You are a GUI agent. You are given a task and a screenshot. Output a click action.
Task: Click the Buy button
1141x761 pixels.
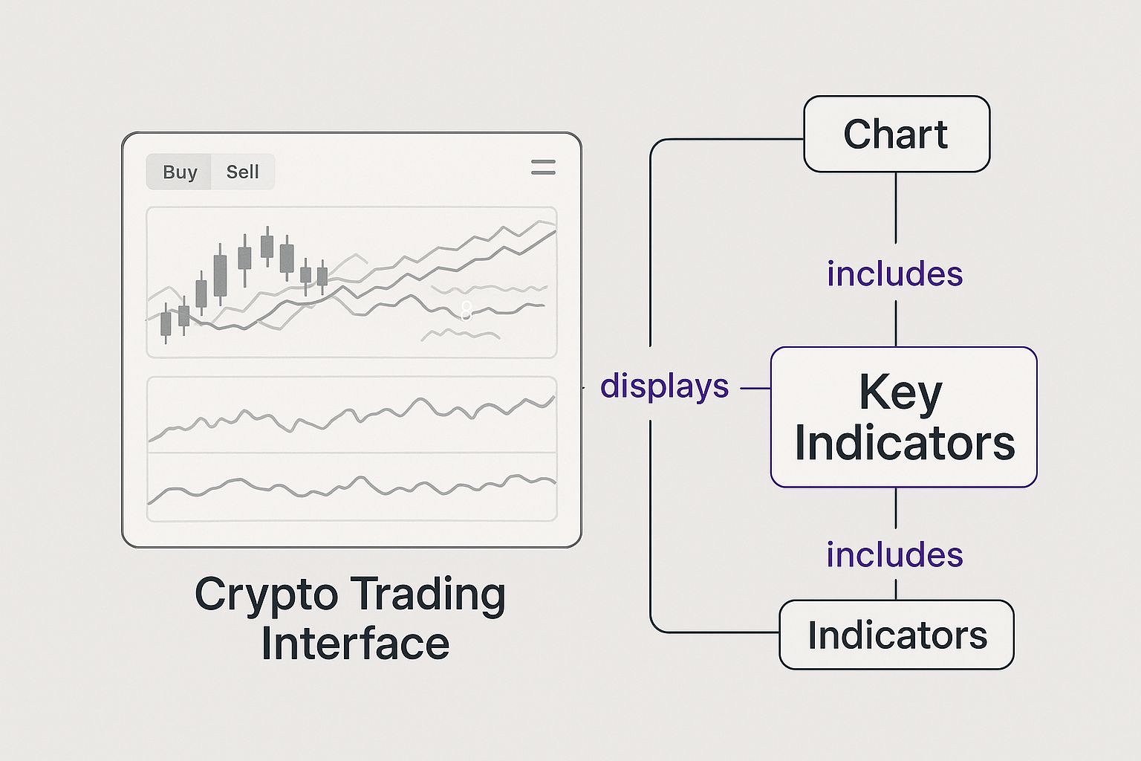(x=179, y=172)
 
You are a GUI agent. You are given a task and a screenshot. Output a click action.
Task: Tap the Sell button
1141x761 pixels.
(x=243, y=172)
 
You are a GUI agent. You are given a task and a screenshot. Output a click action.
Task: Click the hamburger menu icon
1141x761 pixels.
(x=543, y=167)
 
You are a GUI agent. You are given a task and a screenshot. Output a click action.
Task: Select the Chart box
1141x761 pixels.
(x=897, y=134)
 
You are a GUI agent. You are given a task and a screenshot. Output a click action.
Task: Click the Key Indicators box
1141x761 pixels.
(x=903, y=417)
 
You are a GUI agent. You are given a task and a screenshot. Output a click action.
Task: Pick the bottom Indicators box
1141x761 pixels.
(x=897, y=635)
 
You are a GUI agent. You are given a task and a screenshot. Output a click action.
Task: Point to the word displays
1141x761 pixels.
(x=664, y=386)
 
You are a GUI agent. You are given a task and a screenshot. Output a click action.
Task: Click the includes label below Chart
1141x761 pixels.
(x=895, y=273)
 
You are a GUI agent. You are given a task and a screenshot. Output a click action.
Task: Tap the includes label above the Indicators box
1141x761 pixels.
(x=895, y=554)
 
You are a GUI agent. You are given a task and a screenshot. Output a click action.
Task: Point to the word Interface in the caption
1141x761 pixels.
(x=355, y=644)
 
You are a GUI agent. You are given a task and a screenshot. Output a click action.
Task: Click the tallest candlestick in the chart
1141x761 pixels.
(x=220, y=274)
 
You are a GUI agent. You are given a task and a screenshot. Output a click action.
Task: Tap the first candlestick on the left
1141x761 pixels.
(x=166, y=323)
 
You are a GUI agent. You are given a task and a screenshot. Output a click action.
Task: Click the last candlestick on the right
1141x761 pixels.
(x=322, y=276)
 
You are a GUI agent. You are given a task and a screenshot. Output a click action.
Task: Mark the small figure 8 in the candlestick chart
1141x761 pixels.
(x=466, y=311)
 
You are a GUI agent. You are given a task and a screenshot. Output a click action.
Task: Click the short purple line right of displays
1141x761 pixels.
(x=755, y=389)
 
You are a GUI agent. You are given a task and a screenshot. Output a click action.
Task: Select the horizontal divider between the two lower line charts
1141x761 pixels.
(x=351, y=453)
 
